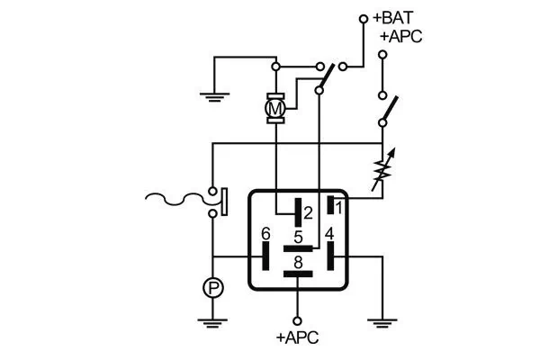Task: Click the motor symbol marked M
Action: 276,109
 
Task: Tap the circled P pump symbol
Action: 212,288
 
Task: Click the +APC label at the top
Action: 400,36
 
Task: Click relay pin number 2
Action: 307,213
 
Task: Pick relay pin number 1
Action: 338,207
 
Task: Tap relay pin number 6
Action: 265,234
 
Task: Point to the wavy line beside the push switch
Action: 175,199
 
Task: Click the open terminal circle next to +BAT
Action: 364,18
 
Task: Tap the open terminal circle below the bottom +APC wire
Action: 298,319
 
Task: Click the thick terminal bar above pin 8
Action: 298,247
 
